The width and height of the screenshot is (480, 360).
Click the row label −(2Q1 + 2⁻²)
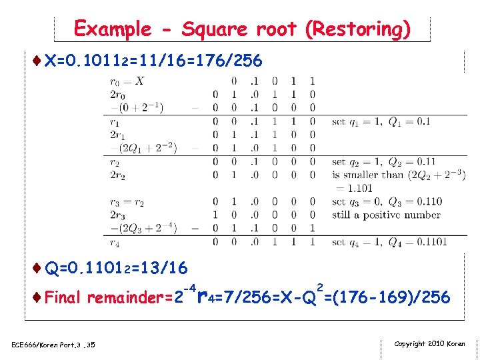(143, 148)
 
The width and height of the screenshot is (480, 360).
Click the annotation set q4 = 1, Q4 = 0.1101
(389, 242)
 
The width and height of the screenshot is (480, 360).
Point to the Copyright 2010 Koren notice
(429, 344)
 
